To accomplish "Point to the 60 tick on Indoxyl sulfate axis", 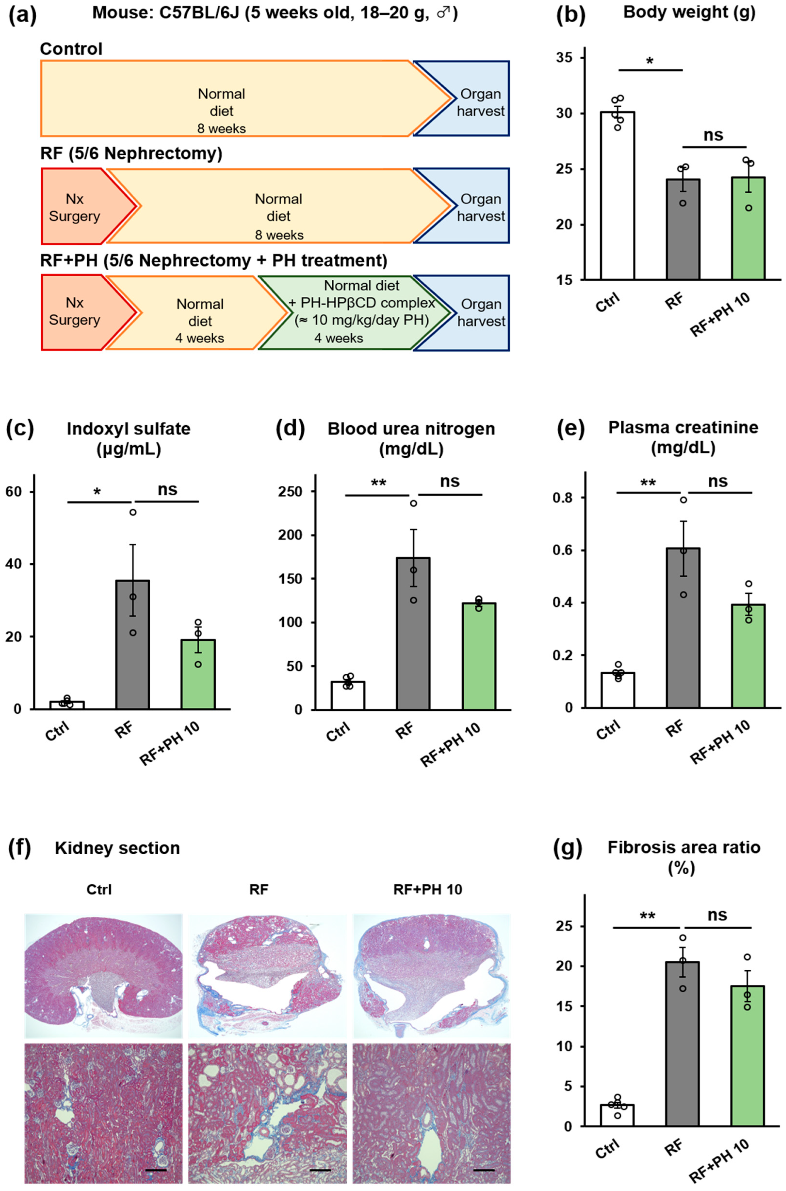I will click(18, 492).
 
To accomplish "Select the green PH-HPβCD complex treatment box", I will click(351, 312).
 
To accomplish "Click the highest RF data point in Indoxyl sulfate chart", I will click(133, 512).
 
